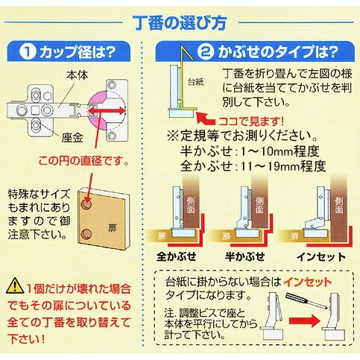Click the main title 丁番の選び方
point(180,23)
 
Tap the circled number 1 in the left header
point(28,52)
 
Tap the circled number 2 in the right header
point(206,51)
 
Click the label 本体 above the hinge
point(78,75)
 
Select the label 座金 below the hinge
point(72,138)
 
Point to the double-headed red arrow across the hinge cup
point(107,111)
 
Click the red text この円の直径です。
point(84,162)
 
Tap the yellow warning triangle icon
point(15,285)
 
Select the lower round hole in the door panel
point(86,234)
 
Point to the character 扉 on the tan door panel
point(113,228)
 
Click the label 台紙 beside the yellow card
point(196,82)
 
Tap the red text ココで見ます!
point(251,121)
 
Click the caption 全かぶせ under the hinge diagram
point(177,256)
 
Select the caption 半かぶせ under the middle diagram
point(245,256)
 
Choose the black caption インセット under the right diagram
point(321,256)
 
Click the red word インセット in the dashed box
point(307,282)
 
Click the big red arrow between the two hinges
point(305,320)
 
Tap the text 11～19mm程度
point(283,166)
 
